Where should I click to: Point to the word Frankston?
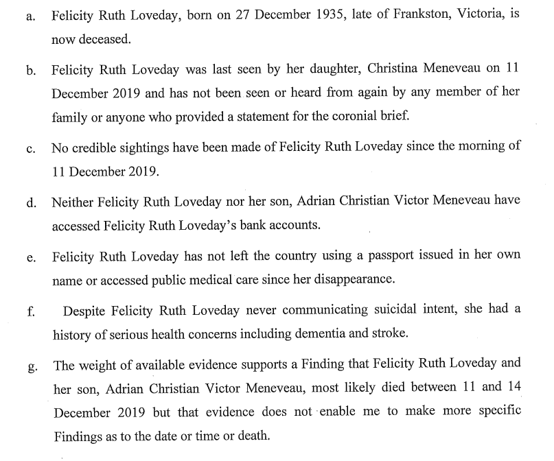404,14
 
